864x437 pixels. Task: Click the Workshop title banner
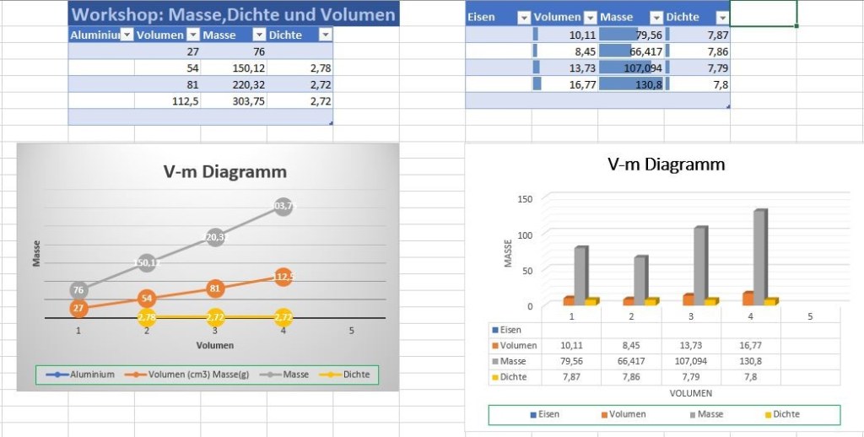pyautogui.click(x=233, y=14)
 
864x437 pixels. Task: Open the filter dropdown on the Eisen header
pyautogui.click(x=522, y=17)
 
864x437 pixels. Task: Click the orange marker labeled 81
pyautogui.click(x=215, y=289)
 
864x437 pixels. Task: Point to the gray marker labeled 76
pyautogui.click(x=78, y=290)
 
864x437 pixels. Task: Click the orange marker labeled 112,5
pyautogui.click(x=283, y=276)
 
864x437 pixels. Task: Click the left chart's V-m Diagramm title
pyautogui.click(x=224, y=172)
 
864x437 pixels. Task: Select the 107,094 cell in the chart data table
pyautogui.click(x=691, y=361)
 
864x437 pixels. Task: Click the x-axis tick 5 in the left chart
pyautogui.click(x=351, y=331)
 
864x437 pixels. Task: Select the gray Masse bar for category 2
pyautogui.click(x=640, y=278)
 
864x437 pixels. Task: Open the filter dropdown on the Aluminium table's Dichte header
pyautogui.click(x=325, y=35)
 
